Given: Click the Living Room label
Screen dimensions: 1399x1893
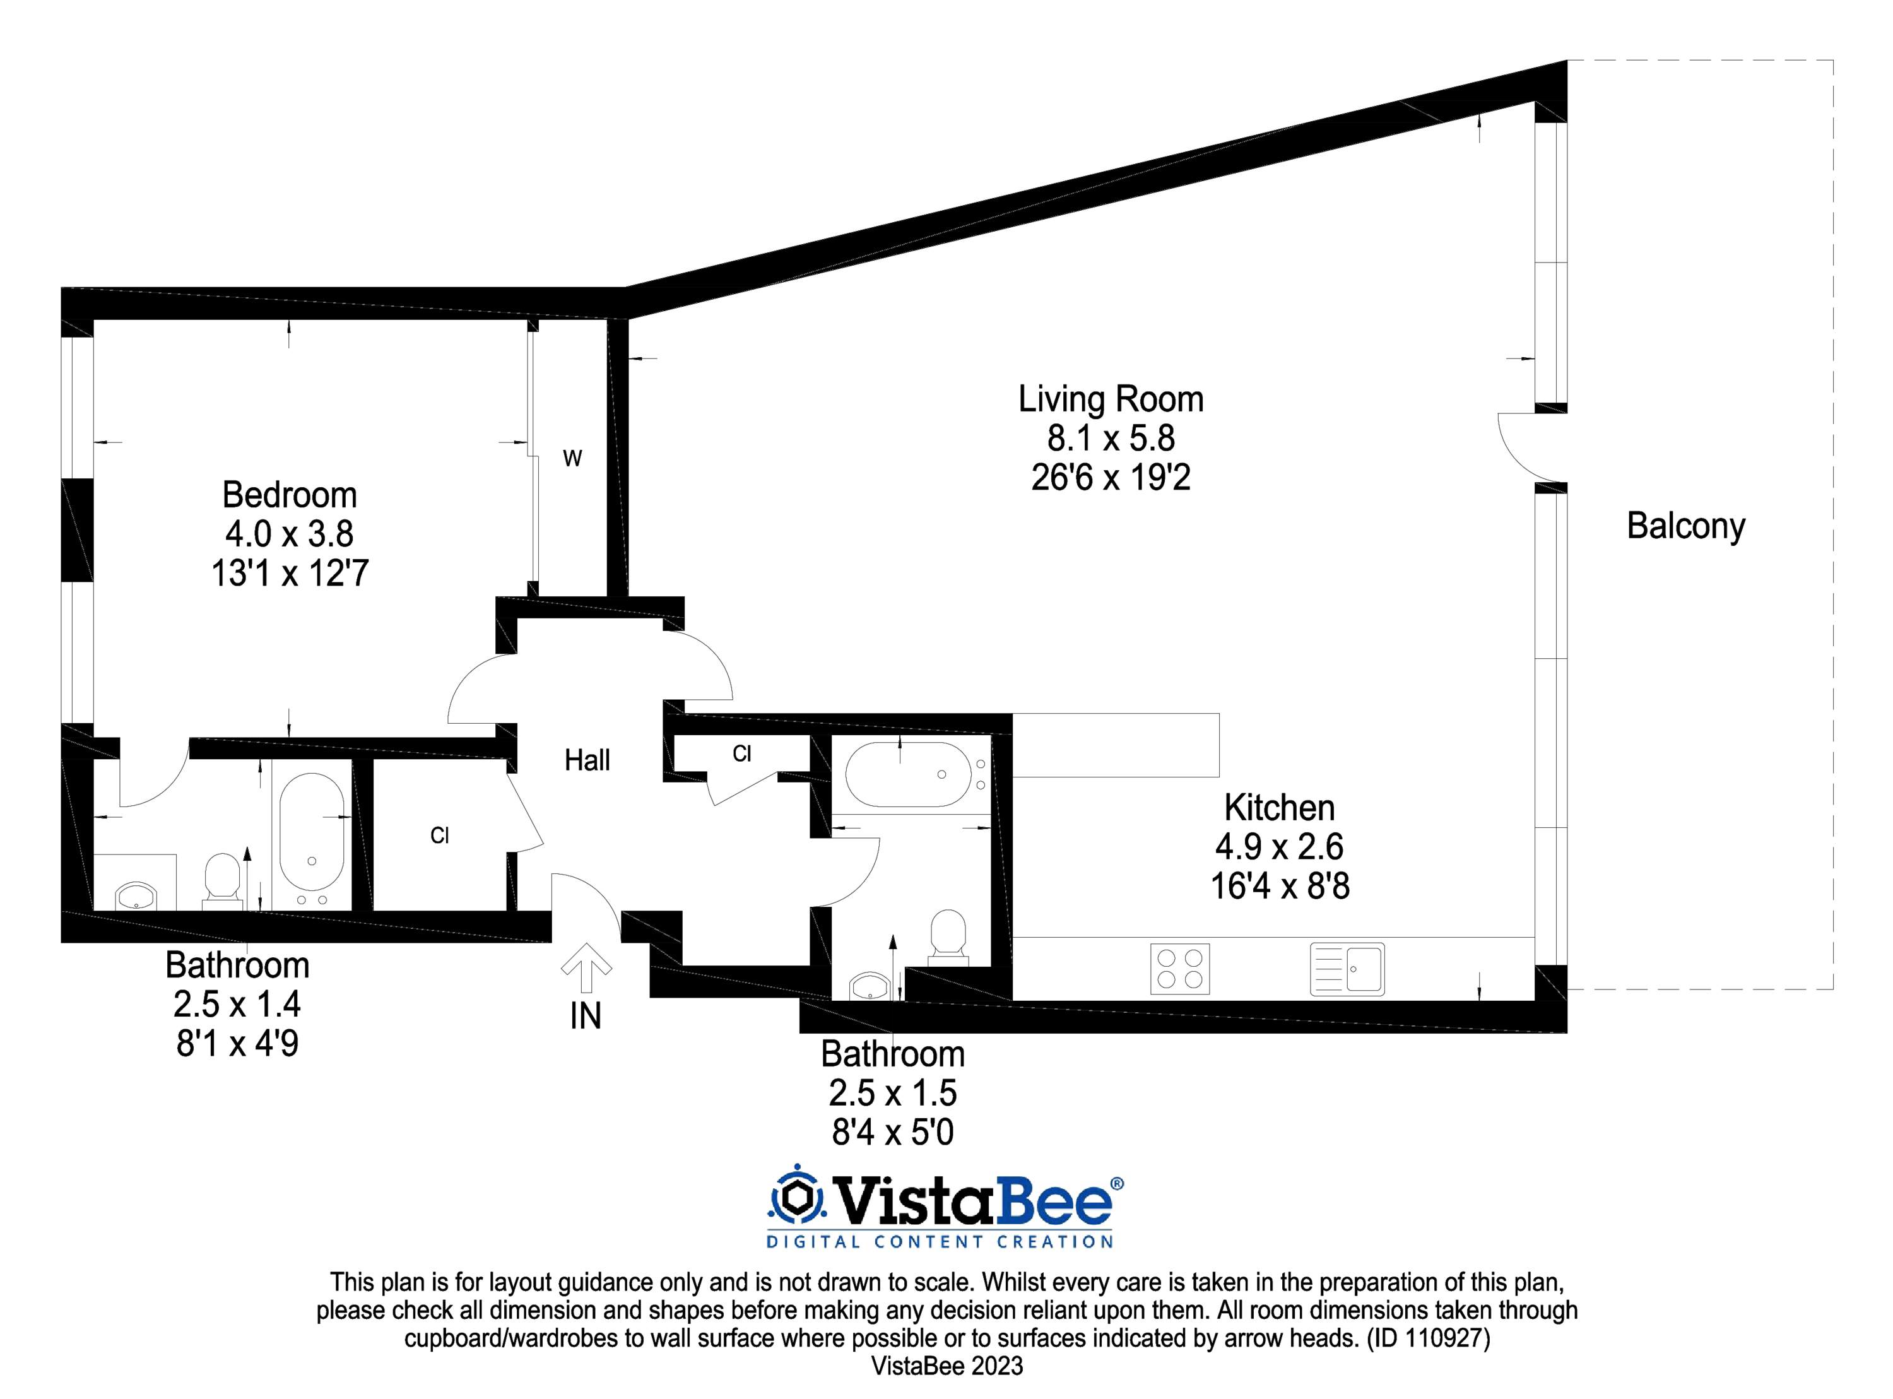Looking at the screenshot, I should [x=1110, y=399].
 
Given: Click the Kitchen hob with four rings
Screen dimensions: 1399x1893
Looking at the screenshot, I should [x=1179, y=969].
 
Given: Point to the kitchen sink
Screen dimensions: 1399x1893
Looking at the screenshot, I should [x=1347, y=969].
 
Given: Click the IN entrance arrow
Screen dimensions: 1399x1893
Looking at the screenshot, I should [x=586, y=968].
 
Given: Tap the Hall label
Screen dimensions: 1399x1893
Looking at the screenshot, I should [x=587, y=760].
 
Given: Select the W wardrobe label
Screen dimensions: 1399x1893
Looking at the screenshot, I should [x=572, y=459].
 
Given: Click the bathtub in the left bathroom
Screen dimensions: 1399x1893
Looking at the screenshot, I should [x=312, y=839].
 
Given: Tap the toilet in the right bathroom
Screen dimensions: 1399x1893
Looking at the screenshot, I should [x=947, y=936].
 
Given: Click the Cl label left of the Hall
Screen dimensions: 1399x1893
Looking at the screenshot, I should [x=439, y=836].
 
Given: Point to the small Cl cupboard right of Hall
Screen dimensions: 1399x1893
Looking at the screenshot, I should [x=741, y=753].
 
